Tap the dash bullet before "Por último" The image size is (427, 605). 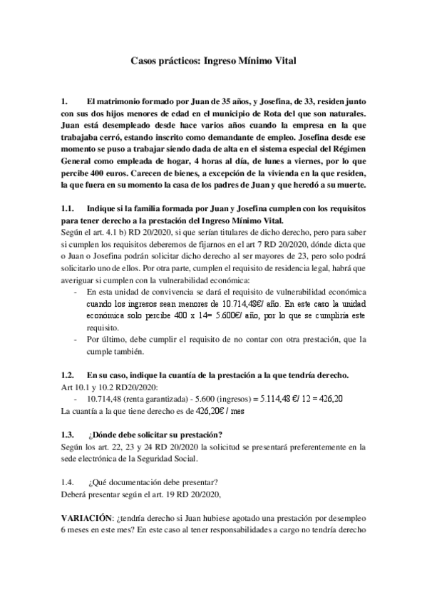tap(76, 338)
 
